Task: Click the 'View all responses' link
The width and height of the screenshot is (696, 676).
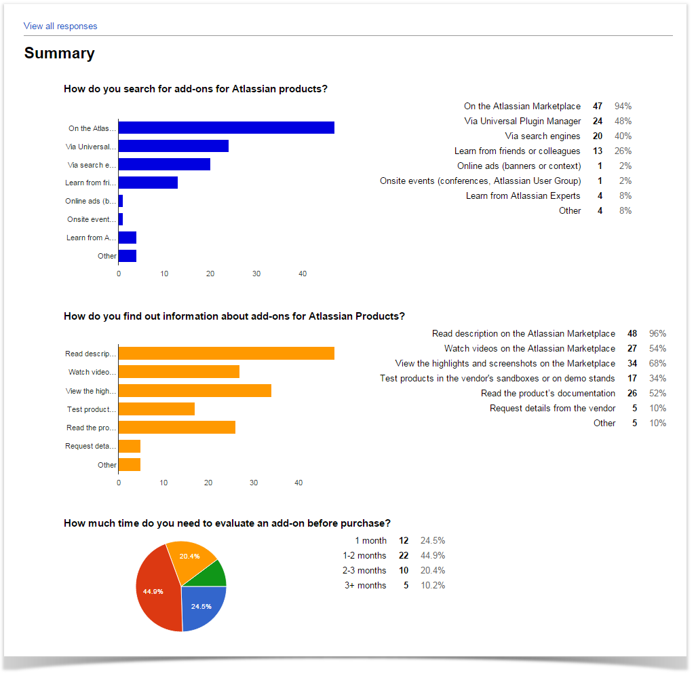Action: tap(60, 26)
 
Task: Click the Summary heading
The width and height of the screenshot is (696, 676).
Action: tap(60, 53)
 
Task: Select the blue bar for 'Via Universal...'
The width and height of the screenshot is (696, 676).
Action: tap(174, 146)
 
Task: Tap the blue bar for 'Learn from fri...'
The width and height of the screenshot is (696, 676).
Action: tap(149, 183)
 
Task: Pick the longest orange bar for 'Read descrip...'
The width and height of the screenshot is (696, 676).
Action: tap(227, 354)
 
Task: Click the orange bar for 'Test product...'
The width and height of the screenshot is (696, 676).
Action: tap(157, 409)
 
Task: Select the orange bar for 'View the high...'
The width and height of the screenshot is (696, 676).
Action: tap(195, 391)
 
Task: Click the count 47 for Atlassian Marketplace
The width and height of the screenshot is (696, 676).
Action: tap(598, 106)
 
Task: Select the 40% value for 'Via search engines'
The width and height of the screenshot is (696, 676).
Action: tap(623, 136)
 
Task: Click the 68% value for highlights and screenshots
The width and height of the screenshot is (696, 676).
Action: tap(657, 363)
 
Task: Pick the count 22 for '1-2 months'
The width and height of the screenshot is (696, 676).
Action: tap(404, 556)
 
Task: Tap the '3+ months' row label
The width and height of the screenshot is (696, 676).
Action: tap(366, 586)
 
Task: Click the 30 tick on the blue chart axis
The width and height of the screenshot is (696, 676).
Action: tap(256, 274)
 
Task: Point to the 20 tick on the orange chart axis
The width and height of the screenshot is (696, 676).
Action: tap(209, 483)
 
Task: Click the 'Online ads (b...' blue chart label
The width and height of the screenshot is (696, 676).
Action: tap(90, 201)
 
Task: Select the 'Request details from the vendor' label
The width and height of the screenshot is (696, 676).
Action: tap(553, 408)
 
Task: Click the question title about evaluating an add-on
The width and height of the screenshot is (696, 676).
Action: tap(227, 523)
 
